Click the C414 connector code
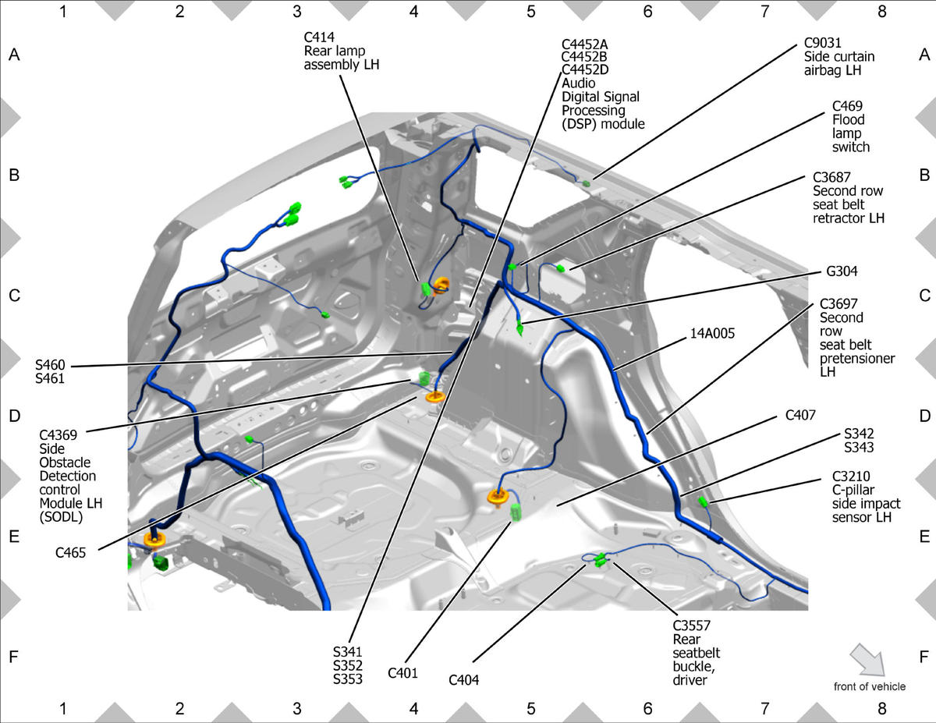pos(319,37)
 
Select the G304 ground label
pos(842,271)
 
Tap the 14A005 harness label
pos(712,333)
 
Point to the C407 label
pos(800,415)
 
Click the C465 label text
pos(71,552)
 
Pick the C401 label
pos(402,672)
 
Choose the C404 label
pos(463,680)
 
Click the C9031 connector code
pos(823,43)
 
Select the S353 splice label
pos(348,679)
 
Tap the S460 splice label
pos(50,365)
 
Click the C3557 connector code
pos(692,626)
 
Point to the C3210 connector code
pos(851,477)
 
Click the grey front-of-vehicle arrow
pos(867,660)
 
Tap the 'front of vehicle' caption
pos(870,686)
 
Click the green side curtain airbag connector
pos(587,183)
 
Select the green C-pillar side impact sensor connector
pos(703,501)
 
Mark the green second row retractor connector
pos(560,269)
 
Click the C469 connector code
pos(847,106)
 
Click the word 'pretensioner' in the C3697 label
pos(857,358)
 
